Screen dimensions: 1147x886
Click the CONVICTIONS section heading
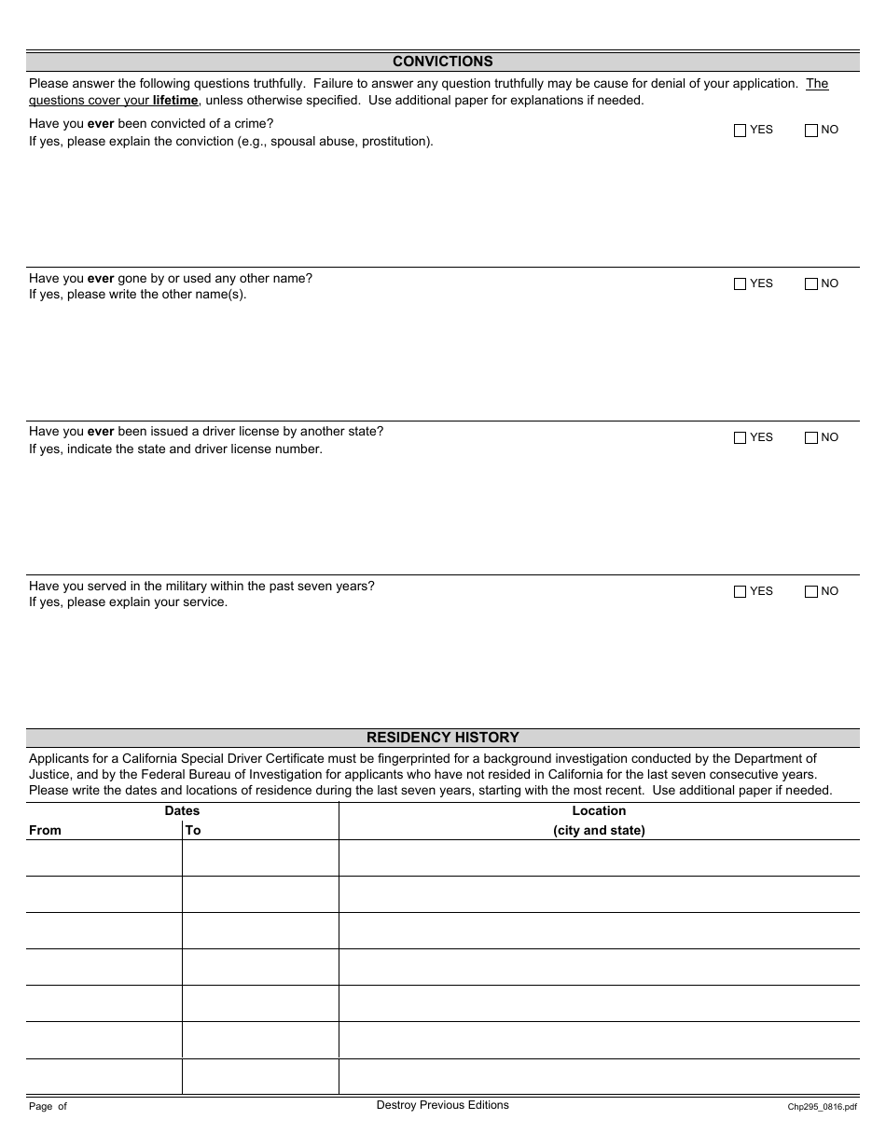tap(442, 62)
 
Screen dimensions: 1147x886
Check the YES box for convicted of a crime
tap(741, 131)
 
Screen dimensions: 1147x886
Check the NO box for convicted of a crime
tap(810, 131)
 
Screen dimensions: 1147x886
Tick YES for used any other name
tap(741, 284)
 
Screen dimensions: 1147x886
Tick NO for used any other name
tap(810, 284)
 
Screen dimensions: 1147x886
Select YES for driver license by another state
tap(741, 438)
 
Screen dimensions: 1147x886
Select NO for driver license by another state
tap(810, 438)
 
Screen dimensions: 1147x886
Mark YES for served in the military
tap(741, 592)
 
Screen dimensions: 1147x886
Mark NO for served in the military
tap(810, 592)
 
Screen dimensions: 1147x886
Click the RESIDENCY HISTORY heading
tap(442, 738)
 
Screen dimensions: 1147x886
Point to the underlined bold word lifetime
tap(175, 101)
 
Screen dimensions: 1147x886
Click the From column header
tap(45, 830)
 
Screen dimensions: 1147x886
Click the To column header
tap(193, 830)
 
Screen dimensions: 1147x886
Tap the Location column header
tap(599, 811)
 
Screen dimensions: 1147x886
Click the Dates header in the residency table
tap(182, 811)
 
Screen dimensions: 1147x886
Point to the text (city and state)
tap(599, 830)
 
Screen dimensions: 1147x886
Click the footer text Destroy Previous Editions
tap(442, 1105)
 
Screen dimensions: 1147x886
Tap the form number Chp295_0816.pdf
tap(822, 1107)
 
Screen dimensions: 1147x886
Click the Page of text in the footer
tap(48, 1107)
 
